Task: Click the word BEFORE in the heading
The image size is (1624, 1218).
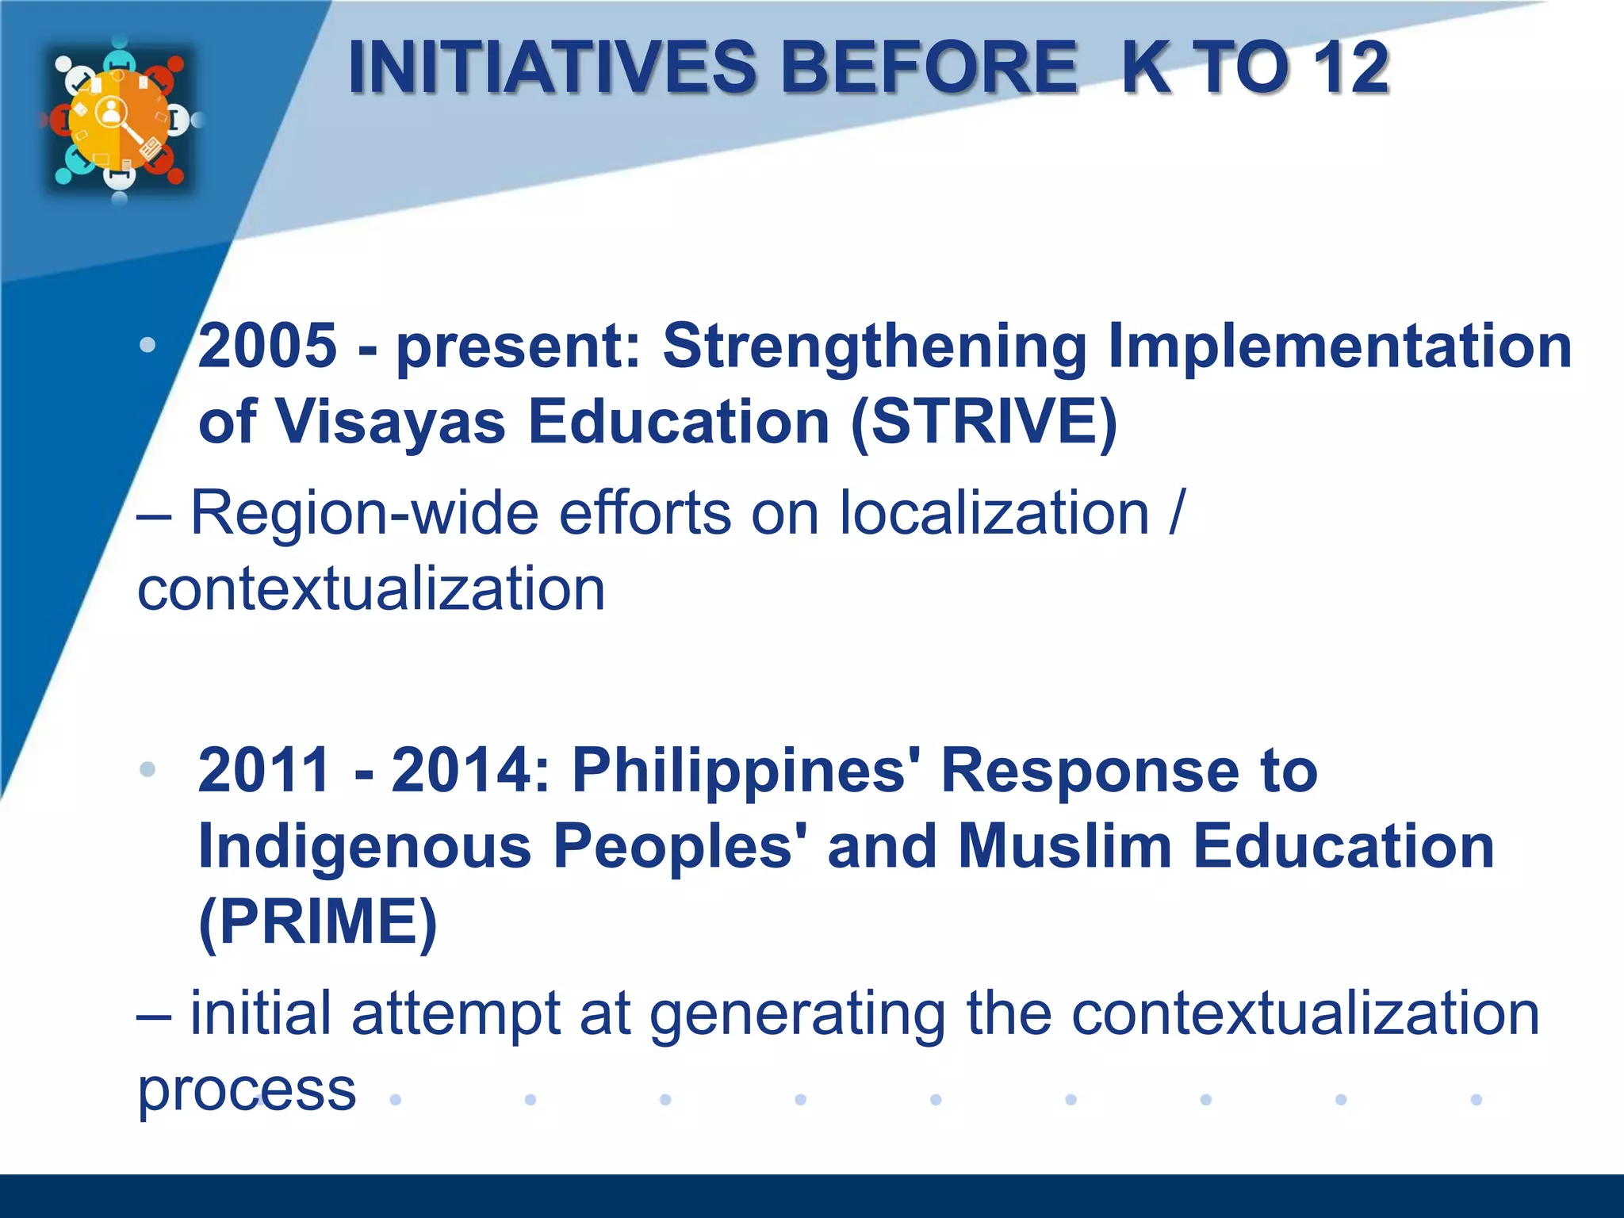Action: click(929, 67)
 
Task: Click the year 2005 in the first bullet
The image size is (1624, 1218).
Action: click(267, 347)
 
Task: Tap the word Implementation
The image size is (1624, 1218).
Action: click(1339, 347)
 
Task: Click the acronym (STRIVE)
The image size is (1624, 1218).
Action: click(983, 422)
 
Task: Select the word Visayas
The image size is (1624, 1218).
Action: click(390, 422)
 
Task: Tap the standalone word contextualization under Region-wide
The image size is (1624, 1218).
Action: click(371, 589)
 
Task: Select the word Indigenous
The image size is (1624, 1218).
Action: click(365, 846)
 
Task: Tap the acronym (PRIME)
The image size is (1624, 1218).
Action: click(317, 922)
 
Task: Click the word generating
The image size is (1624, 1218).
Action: click(798, 1014)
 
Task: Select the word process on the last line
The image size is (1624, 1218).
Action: click(247, 1090)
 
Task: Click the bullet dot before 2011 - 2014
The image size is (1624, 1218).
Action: click(147, 769)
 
